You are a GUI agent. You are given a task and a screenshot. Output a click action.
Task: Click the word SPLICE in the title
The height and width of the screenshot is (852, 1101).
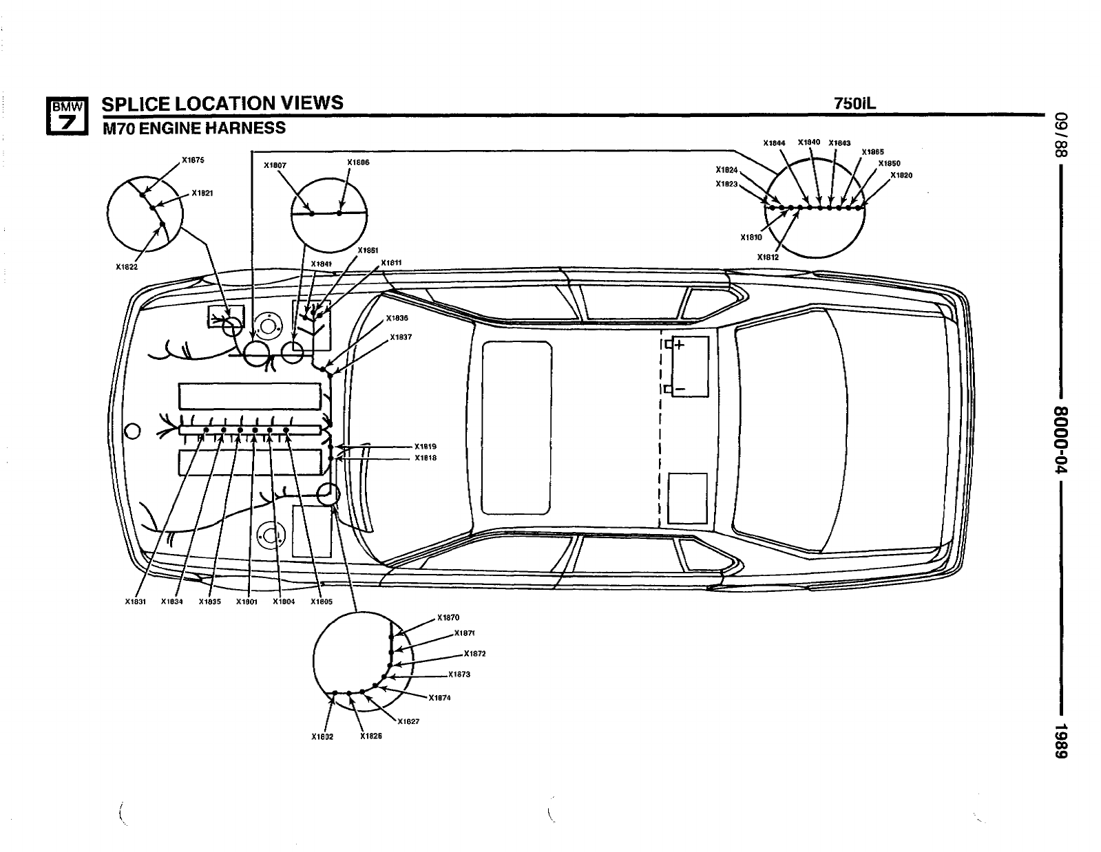click(135, 103)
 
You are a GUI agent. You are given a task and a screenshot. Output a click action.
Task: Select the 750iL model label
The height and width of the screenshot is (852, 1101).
click(855, 103)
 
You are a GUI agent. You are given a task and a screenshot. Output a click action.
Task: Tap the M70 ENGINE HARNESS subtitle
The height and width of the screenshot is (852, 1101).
click(193, 128)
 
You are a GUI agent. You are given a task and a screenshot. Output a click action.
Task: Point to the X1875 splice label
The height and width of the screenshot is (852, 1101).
click(193, 160)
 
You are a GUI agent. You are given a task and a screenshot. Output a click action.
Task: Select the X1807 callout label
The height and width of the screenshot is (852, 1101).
click(275, 165)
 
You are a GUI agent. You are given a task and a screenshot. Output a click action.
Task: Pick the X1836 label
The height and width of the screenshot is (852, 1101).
click(397, 318)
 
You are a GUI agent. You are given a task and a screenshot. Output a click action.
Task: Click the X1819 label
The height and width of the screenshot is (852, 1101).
click(426, 446)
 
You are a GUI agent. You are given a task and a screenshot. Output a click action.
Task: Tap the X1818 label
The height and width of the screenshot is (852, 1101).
click(426, 458)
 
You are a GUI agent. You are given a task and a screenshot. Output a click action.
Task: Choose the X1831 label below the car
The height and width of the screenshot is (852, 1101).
click(136, 601)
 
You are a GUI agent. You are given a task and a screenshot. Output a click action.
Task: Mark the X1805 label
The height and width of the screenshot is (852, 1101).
click(322, 601)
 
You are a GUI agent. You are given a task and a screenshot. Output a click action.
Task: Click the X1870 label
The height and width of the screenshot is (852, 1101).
click(448, 617)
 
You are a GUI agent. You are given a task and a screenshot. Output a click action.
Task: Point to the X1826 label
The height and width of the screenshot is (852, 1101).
click(371, 736)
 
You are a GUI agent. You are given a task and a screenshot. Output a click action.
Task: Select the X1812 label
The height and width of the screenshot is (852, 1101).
click(768, 257)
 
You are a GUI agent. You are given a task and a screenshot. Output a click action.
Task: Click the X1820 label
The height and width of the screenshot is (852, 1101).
click(901, 175)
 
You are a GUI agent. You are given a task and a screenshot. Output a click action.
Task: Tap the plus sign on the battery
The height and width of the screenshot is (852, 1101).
click(679, 345)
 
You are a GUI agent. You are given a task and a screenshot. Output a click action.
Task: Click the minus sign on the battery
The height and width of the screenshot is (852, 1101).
click(679, 389)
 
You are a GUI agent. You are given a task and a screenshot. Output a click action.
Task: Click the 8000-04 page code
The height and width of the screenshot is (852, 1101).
click(1061, 439)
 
